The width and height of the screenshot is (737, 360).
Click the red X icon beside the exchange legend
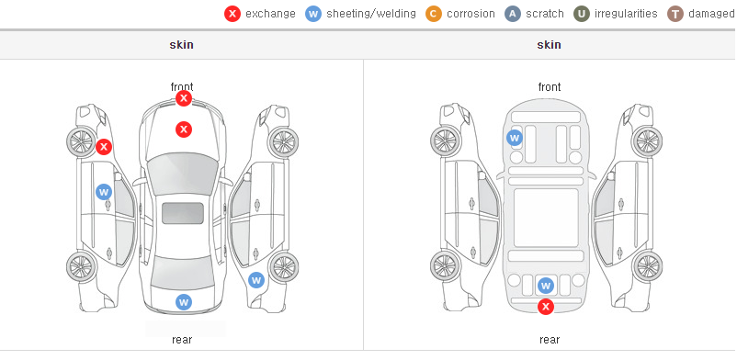click(x=232, y=14)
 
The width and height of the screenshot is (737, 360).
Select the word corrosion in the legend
click(x=471, y=14)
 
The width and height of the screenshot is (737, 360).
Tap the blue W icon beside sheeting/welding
click(x=313, y=14)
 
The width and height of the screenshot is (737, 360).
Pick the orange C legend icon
click(x=434, y=14)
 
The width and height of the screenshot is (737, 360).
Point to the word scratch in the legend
click(x=545, y=14)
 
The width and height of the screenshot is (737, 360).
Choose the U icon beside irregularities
click(x=582, y=14)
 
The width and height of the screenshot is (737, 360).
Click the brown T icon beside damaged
click(x=675, y=14)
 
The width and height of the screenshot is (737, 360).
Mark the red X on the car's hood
click(x=184, y=129)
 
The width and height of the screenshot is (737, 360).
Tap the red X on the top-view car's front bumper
click(x=184, y=98)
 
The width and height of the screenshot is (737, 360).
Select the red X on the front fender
click(x=104, y=147)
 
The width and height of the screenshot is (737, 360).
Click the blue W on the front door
click(x=104, y=192)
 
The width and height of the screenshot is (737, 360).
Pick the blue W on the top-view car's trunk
click(x=184, y=302)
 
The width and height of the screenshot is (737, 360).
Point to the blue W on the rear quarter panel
click(x=256, y=281)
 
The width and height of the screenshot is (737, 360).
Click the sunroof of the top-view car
click(x=183, y=213)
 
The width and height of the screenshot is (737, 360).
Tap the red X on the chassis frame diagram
click(x=546, y=307)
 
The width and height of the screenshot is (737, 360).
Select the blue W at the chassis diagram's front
click(x=515, y=138)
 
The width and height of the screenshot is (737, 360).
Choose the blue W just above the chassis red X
click(x=546, y=286)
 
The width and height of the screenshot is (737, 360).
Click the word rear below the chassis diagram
click(x=550, y=340)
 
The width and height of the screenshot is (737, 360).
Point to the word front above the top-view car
click(x=182, y=87)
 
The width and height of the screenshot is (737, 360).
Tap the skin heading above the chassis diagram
click(x=549, y=45)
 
